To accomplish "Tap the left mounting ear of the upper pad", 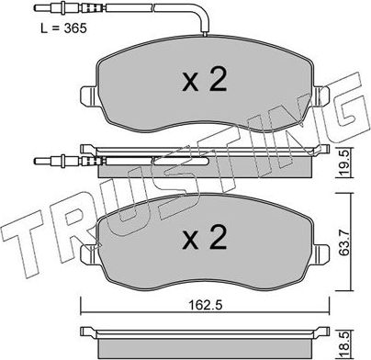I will click(87, 95).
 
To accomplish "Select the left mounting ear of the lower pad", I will click(87, 250).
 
